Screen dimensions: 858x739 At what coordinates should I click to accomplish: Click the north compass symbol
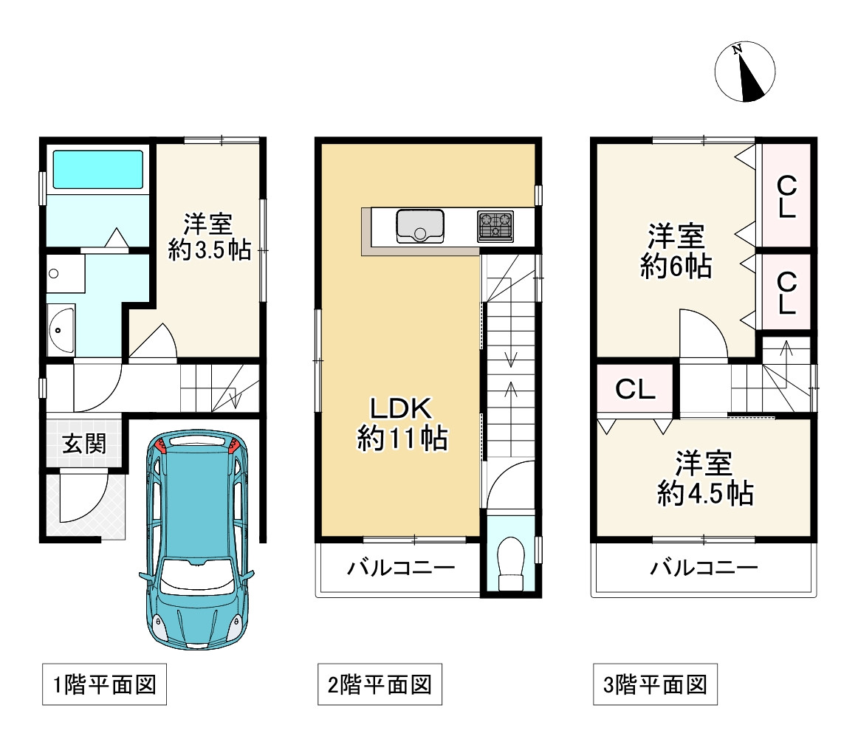click(x=745, y=72)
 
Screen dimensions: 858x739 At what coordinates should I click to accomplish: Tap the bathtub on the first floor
click(x=98, y=170)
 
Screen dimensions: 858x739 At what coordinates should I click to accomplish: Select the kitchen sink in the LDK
click(x=420, y=226)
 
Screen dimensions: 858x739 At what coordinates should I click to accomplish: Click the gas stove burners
click(x=495, y=227)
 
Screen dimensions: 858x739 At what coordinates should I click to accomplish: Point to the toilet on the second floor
click(x=511, y=563)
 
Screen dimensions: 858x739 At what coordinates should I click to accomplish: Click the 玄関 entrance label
click(x=84, y=444)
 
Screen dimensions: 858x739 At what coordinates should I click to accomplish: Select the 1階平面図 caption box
click(x=105, y=684)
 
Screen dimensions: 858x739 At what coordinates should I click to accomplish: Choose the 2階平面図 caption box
click(x=380, y=684)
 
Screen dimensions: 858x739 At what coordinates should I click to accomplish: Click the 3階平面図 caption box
click(x=655, y=684)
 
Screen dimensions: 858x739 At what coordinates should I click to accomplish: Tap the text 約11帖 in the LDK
click(x=402, y=439)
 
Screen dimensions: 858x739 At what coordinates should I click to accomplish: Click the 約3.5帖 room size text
click(x=210, y=250)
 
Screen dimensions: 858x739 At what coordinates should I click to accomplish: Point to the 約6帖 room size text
click(x=676, y=267)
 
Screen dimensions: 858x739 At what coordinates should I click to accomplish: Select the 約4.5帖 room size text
click(x=705, y=493)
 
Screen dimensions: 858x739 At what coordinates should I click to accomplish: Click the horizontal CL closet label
click(x=635, y=390)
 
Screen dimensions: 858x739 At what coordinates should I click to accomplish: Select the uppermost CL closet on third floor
click(x=786, y=196)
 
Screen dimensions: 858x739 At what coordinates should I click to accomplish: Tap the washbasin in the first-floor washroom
click(x=61, y=331)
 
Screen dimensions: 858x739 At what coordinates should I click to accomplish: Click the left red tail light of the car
click(x=161, y=444)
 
